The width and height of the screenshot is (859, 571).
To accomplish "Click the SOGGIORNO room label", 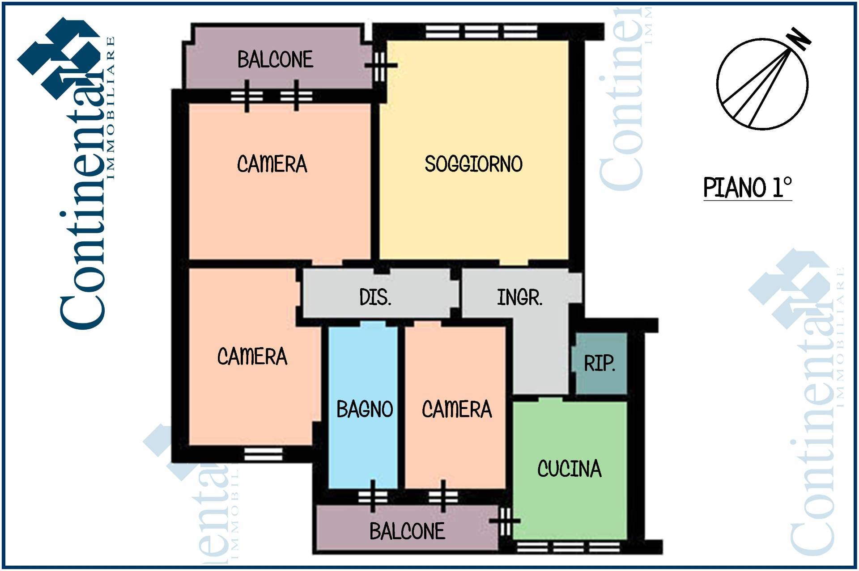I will click(473, 164).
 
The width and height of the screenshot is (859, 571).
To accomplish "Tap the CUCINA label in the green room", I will click(569, 469).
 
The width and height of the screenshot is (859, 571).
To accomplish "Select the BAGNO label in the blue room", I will click(365, 409).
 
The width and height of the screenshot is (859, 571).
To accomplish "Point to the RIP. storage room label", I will click(600, 363).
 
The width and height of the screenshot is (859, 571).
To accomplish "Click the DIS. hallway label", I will click(375, 297).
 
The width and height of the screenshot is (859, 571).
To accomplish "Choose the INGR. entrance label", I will click(520, 297).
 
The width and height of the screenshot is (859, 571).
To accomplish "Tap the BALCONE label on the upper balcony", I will click(275, 59).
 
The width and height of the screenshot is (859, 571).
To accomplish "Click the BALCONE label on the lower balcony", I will click(407, 531).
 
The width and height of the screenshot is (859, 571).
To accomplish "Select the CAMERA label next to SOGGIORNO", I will click(272, 164).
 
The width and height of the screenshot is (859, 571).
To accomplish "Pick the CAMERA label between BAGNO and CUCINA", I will click(457, 409).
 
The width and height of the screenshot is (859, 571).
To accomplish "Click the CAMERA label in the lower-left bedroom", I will click(252, 357).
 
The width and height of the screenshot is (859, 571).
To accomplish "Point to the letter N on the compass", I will click(799, 39).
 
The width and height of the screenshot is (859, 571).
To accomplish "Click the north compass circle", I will click(762, 84).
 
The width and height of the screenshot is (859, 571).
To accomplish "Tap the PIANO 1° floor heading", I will click(747, 188).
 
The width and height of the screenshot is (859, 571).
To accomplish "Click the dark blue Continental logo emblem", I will click(58, 58).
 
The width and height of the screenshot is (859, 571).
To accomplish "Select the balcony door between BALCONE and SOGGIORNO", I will click(380, 66).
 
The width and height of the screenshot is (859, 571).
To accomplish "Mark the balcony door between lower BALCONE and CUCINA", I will click(505, 521).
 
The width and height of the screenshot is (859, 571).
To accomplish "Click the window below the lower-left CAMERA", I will click(263, 454).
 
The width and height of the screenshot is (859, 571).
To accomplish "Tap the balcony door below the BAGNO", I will click(373, 496).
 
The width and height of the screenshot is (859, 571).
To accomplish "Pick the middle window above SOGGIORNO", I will click(481, 32).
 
